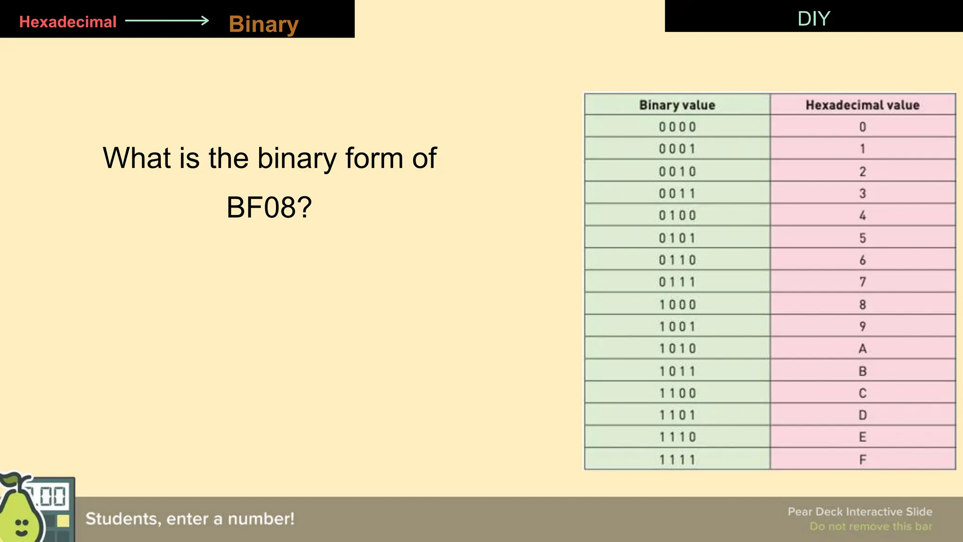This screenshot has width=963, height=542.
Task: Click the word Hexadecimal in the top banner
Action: (x=68, y=22)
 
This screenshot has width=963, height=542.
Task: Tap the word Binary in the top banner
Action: (x=263, y=24)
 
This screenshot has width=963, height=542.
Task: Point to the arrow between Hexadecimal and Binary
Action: (x=167, y=20)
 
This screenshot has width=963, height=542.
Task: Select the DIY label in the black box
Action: (x=813, y=19)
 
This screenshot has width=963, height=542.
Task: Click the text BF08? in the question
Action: (x=269, y=207)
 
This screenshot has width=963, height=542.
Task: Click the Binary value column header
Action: (x=677, y=105)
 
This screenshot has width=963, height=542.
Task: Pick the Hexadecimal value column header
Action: (x=862, y=105)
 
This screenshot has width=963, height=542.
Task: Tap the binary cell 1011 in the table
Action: (x=677, y=371)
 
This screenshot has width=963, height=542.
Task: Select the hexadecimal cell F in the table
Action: (x=862, y=460)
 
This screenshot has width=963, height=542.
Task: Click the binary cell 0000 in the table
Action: (x=677, y=127)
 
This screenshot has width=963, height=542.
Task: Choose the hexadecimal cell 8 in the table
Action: (x=862, y=304)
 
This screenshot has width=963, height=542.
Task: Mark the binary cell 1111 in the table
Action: (x=677, y=460)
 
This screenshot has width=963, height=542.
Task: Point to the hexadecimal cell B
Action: (x=862, y=371)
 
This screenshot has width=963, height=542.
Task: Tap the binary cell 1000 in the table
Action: (x=677, y=304)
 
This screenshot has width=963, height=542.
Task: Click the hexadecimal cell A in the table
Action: (x=862, y=349)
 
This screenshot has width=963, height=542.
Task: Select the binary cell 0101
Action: (x=677, y=238)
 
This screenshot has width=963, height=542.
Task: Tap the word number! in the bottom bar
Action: (x=261, y=519)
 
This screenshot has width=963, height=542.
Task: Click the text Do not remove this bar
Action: (x=870, y=526)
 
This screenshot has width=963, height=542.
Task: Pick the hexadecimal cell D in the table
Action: (x=862, y=415)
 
